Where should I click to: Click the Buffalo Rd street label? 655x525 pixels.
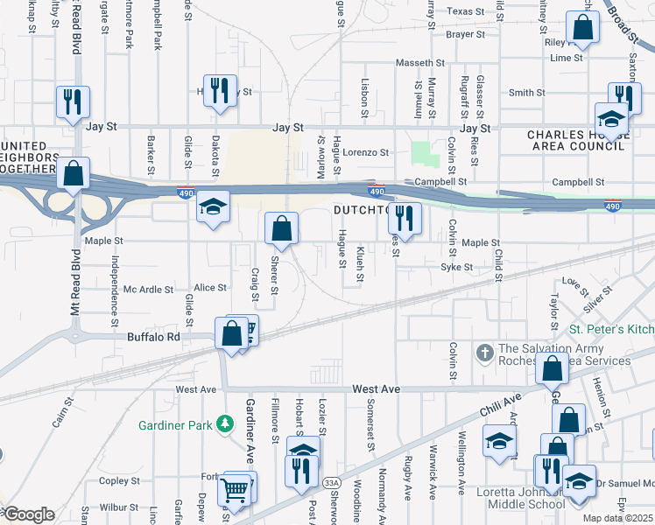pos(154,336)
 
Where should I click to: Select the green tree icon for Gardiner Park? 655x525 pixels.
pos(225,424)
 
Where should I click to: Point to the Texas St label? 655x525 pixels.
pos(466,12)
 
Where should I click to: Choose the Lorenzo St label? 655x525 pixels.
pos(365,152)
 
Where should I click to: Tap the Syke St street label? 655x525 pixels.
pos(456,267)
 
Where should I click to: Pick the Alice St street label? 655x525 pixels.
pos(210,287)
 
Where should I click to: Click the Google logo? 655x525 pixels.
pos(28,515)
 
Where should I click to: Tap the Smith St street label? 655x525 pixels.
pos(527,93)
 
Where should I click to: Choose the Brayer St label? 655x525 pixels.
pos(465,35)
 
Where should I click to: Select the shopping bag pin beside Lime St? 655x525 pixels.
pos(581,29)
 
